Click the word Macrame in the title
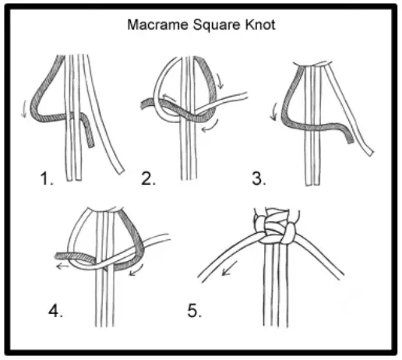[x=153, y=24]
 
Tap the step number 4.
[x=55, y=312]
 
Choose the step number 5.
[x=194, y=312]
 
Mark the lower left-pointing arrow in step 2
[x=206, y=129]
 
